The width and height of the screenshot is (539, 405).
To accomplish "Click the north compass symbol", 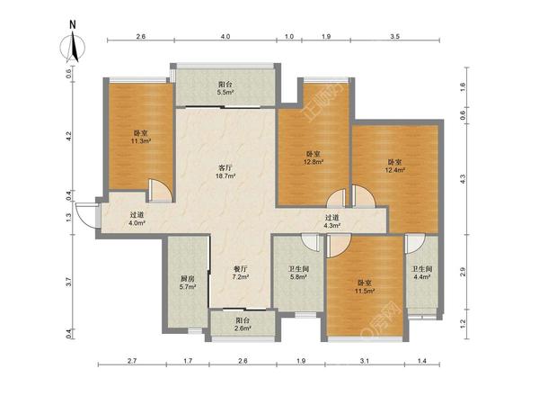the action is (73, 47).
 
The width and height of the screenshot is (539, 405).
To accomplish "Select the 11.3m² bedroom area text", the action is (141, 141).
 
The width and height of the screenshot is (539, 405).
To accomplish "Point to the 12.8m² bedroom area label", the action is (314, 162).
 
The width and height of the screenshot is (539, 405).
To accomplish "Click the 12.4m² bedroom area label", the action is (394, 170).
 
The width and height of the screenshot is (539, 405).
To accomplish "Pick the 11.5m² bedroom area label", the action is (365, 291).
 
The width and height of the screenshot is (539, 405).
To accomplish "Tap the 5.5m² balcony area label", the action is (225, 93).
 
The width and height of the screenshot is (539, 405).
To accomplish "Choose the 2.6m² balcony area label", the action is (243, 328).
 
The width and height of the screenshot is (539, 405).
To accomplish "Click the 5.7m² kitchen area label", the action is (188, 286).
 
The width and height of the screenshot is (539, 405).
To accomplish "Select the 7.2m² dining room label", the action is (241, 276).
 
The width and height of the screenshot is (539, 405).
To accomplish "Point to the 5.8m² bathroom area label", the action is (298, 276).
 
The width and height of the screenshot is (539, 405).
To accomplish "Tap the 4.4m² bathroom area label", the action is (422, 276).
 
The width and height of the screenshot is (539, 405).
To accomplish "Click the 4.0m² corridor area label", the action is (137, 222).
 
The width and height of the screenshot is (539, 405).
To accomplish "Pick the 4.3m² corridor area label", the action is (332, 226).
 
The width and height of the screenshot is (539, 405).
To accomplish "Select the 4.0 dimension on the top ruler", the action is (225, 36).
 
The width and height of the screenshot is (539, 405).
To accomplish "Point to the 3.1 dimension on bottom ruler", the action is (365, 361).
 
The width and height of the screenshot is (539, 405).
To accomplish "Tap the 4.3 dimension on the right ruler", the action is (463, 179).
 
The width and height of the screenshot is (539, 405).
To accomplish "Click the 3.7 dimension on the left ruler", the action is (69, 282).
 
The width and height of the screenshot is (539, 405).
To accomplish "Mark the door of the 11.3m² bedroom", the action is (161, 191).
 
